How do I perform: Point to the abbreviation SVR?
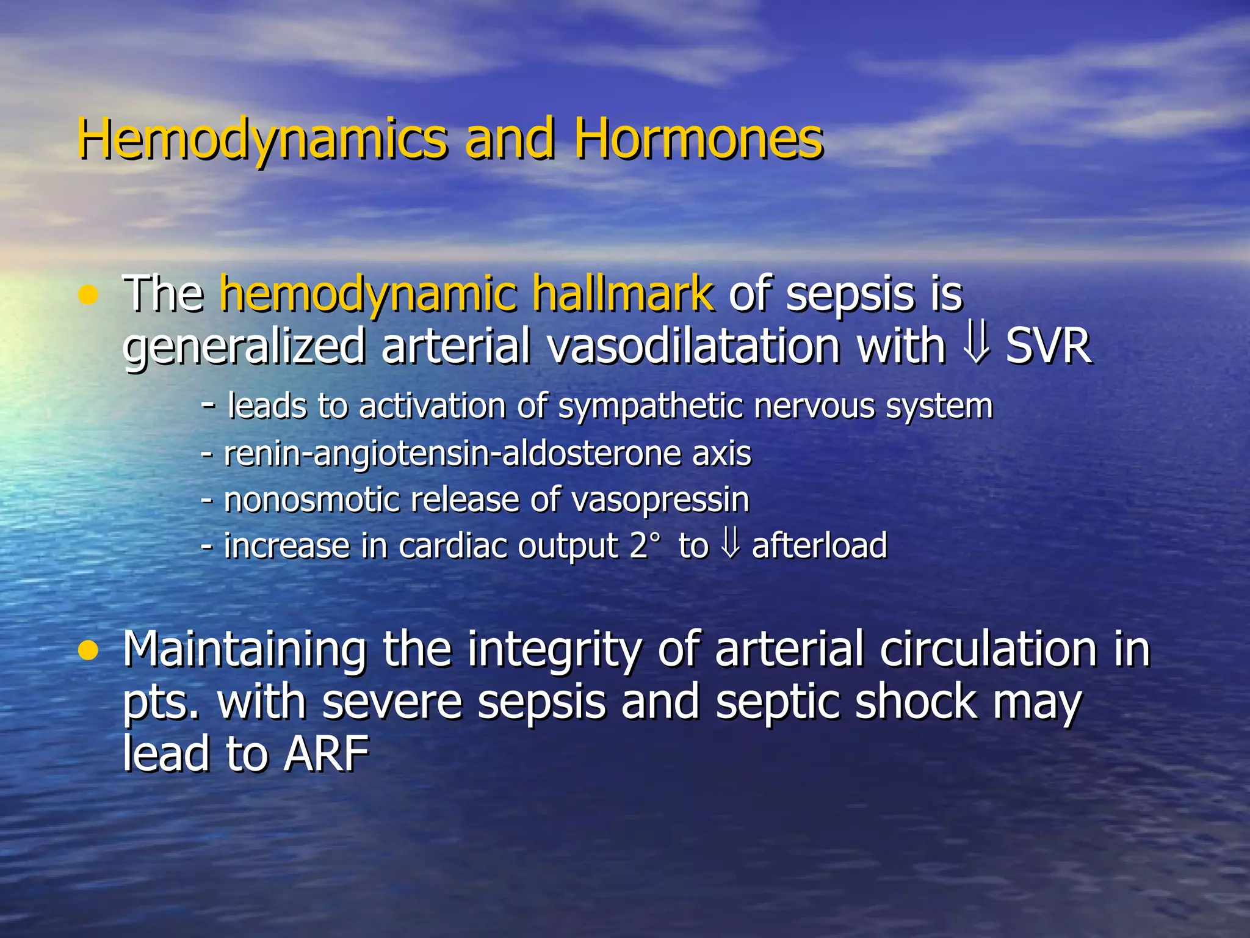point(1047,347)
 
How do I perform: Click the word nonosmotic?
point(311,500)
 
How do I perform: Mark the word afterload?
point(819,545)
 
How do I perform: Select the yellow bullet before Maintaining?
point(89,652)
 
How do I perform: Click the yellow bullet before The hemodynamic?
point(89,297)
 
